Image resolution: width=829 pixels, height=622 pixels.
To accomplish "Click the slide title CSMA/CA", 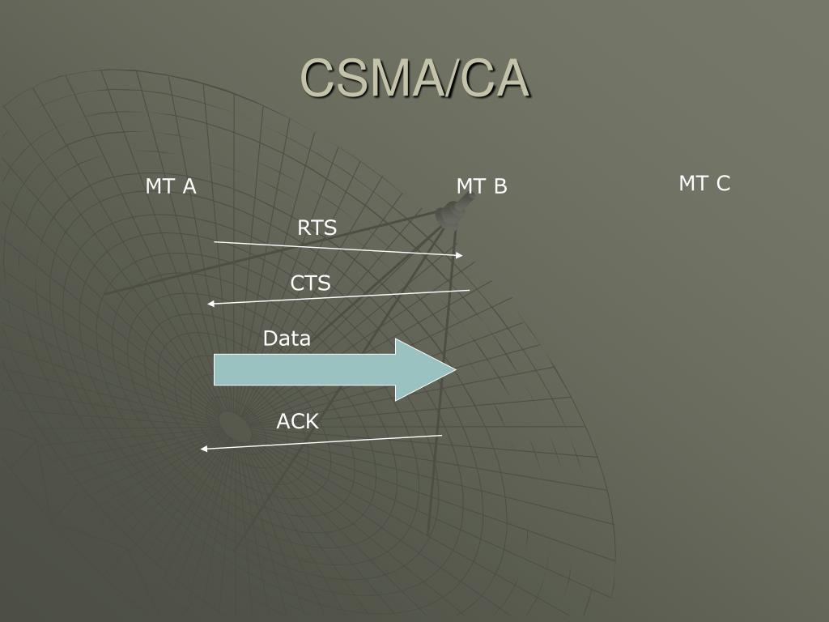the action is click(415, 79).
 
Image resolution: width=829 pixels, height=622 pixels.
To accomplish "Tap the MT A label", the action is click(171, 186).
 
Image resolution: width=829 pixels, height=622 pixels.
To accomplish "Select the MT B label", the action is click(481, 186).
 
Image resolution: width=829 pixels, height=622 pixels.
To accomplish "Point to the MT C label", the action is click(704, 184).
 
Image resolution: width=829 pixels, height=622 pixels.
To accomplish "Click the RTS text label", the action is click(317, 228).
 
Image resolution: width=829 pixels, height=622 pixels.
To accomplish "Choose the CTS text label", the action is click(311, 283).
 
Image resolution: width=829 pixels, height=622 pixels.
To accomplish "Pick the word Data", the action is click(287, 339).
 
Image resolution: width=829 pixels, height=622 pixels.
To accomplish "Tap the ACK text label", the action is click(298, 421).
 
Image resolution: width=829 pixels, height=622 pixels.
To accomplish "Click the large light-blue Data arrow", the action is click(324, 369).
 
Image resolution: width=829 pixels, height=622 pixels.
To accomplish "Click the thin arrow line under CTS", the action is click(340, 296).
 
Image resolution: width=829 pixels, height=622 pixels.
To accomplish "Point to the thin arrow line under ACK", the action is click(324, 442).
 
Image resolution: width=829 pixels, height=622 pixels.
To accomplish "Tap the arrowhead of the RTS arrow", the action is click(460, 256).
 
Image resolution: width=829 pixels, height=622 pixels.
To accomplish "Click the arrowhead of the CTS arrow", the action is click(210, 304).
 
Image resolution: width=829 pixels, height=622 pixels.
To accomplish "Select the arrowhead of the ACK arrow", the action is click(204, 449).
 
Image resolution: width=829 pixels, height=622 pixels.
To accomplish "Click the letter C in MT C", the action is click(723, 184).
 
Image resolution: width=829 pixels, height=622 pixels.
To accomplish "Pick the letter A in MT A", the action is click(189, 186).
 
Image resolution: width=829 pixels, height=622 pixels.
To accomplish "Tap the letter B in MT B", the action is click(500, 186).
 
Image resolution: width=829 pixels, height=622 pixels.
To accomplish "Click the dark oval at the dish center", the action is click(232, 422).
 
